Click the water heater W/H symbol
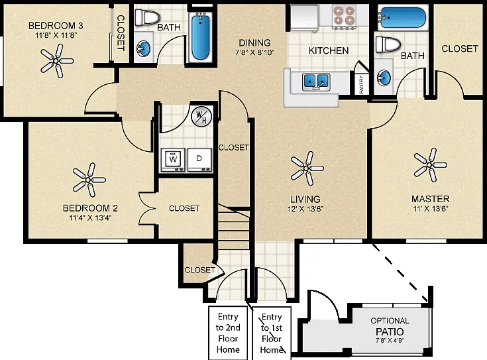[201, 117]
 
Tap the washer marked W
[173, 160]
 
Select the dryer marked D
[199, 160]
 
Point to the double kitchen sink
[316, 82]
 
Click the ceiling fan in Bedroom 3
[57, 61]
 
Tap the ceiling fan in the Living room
[307, 168]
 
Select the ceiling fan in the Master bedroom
[430, 165]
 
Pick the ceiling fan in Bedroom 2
[89, 180]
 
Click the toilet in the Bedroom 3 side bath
[147, 18]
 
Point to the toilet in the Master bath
[388, 44]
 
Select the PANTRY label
[362, 84]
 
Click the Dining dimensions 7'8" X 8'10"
[254, 52]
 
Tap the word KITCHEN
[329, 50]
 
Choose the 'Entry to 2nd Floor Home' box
[228, 333]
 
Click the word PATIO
[390, 331]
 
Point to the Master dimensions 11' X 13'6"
[431, 209]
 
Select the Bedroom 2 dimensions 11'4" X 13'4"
[90, 217]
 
